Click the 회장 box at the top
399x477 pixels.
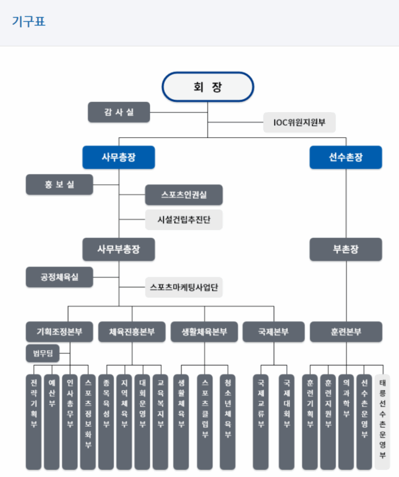(x=208, y=86)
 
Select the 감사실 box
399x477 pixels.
(x=119, y=112)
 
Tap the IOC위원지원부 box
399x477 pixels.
(x=299, y=122)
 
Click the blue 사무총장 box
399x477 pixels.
(x=118, y=157)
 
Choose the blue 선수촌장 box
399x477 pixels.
(x=345, y=157)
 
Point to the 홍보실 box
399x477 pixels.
(x=59, y=184)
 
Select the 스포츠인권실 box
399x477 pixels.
(x=184, y=195)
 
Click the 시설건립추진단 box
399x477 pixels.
(x=184, y=219)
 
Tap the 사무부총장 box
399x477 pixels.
(x=118, y=249)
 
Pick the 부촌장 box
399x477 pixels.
(x=345, y=249)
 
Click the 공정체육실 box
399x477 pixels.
(x=59, y=277)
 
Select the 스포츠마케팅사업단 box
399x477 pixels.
(x=184, y=287)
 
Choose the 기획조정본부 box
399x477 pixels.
(x=59, y=332)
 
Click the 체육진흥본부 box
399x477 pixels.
(x=132, y=332)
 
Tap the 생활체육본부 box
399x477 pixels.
(x=204, y=332)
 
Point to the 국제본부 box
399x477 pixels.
(x=273, y=332)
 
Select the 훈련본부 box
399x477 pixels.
(x=345, y=332)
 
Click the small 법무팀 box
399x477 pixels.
(x=43, y=355)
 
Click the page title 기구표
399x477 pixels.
(x=29, y=22)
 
